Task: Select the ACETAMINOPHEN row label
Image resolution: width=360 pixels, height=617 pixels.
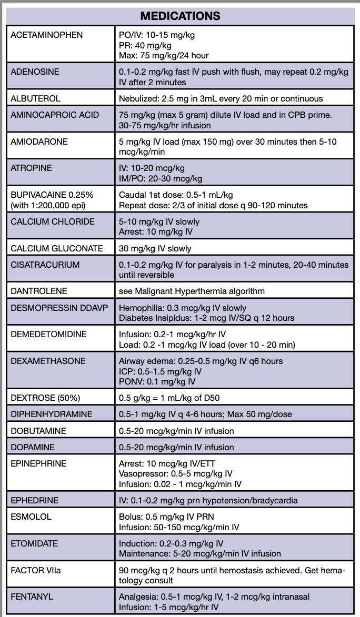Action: pos(47,35)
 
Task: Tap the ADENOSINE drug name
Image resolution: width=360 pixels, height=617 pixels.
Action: pos(35,72)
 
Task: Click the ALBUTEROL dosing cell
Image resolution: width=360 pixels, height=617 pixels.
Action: pos(221,98)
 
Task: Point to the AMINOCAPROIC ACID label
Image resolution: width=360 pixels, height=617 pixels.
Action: pos(55,115)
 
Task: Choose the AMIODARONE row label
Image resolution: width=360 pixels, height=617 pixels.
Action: pos(39,142)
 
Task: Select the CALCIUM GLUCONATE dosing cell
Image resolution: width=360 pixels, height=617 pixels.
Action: pos(155,248)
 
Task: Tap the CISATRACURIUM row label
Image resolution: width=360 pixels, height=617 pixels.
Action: pos(45,265)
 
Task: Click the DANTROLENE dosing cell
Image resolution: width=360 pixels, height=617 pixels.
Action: pos(192,291)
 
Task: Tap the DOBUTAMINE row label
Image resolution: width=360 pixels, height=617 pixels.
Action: pos(38,431)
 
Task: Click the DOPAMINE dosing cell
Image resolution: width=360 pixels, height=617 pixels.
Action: pos(176,448)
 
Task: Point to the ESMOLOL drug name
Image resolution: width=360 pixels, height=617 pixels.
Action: pos(31,517)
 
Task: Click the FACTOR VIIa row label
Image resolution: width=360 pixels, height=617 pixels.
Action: pos(36,570)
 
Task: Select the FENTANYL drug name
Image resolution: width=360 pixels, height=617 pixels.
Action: pos(32,596)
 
